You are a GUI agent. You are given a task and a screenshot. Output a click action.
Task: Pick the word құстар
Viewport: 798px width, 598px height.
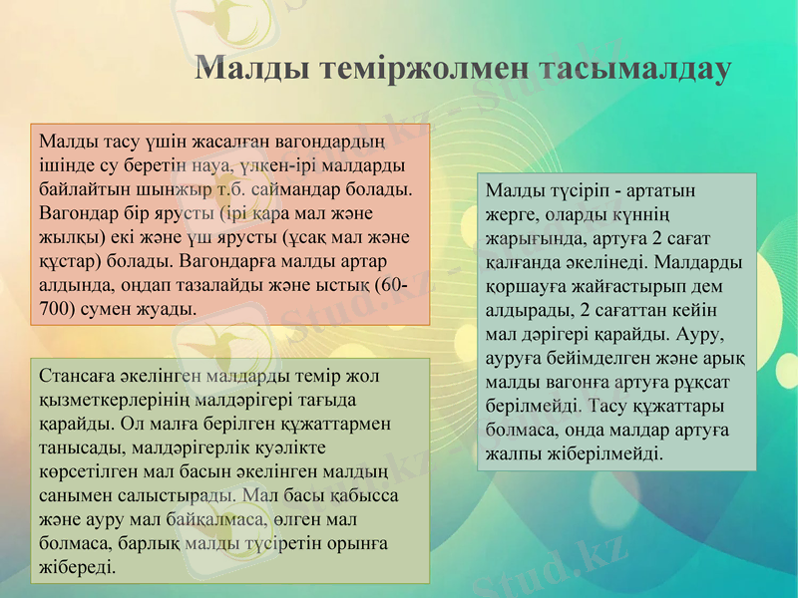(x=72, y=261)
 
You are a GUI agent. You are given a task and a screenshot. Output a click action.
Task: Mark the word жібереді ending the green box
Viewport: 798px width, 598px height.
(x=76, y=567)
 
